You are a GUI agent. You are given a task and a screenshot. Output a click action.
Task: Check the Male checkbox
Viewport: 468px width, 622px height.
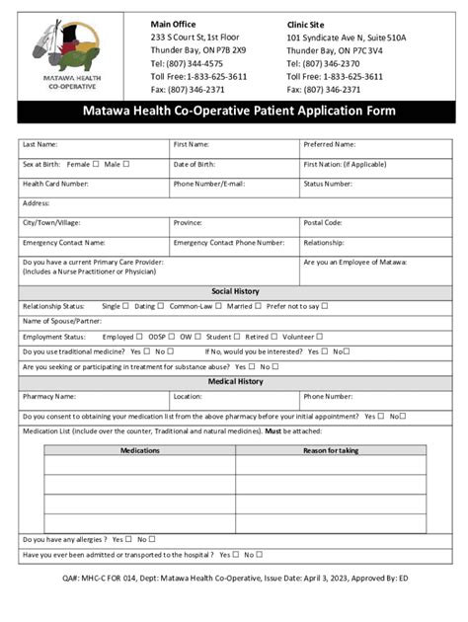[126, 164]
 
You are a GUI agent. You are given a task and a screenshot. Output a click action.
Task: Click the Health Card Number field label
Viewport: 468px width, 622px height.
[55, 183]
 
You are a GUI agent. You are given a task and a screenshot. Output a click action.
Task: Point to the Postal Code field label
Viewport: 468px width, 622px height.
[323, 222]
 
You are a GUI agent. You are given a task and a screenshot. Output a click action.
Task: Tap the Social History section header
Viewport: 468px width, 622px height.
[235, 291]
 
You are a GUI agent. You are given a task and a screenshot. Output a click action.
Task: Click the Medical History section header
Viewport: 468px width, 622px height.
[235, 381]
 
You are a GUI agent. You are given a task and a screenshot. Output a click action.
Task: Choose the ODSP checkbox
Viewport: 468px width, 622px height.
[170, 337]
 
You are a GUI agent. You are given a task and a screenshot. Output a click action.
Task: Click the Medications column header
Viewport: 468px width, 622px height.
[139, 450]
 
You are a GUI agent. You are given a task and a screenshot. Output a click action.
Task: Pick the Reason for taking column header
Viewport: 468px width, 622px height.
[331, 450]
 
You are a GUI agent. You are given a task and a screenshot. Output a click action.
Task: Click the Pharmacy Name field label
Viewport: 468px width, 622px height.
[48, 396]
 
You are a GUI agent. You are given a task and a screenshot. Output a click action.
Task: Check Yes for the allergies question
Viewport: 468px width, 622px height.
[129, 539]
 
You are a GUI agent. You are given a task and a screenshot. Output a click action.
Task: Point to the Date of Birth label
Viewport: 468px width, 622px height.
[195, 164]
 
